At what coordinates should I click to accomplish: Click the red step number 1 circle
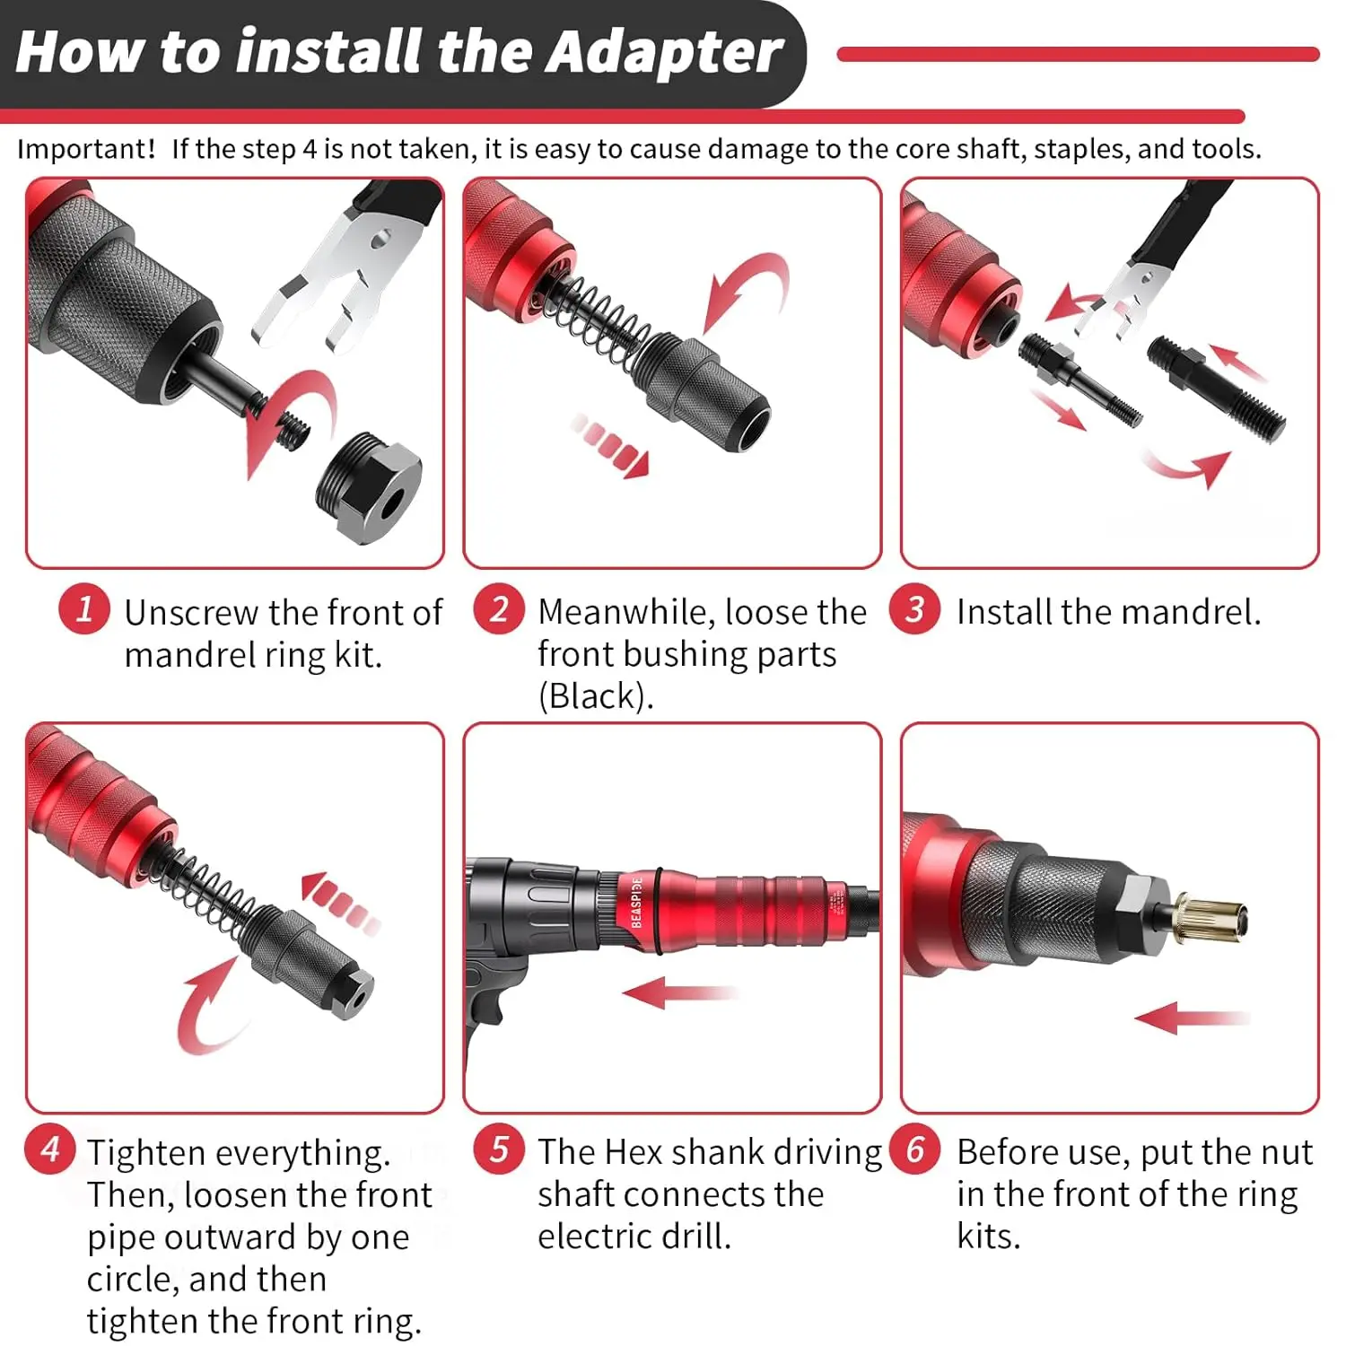tap(84, 609)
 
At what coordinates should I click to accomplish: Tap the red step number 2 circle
tap(499, 609)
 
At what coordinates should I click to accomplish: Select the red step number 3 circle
tap(914, 609)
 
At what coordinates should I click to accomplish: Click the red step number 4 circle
tap(51, 1149)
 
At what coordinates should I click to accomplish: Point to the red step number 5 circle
tap(499, 1149)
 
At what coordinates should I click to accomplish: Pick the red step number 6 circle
tap(914, 1149)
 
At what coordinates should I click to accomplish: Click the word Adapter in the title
tap(664, 52)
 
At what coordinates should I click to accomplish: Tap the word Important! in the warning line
tap(86, 149)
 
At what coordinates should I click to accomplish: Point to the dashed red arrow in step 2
tap(610, 444)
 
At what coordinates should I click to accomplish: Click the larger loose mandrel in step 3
tap(1216, 388)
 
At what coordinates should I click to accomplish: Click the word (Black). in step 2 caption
tap(596, 696)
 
